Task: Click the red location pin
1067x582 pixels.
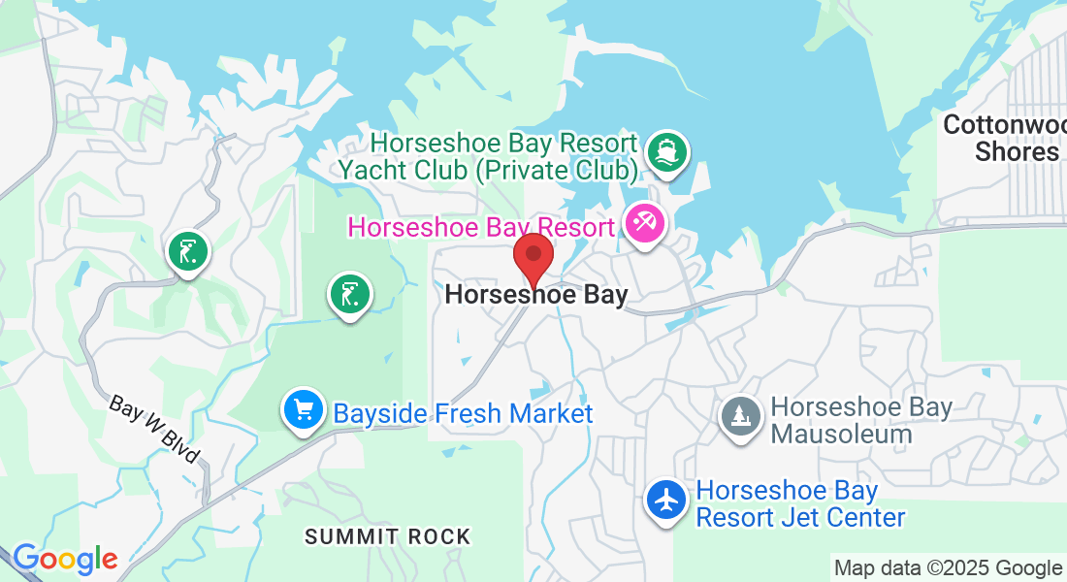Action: pos(533,257)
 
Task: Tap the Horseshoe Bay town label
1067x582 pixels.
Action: pos(536,295)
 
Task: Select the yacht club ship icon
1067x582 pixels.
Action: pos(666,152)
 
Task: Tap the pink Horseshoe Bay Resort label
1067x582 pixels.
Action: pos(481,228)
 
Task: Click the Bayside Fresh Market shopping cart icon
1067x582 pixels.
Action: pos(304,410)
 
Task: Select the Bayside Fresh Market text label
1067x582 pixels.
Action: pos(463,414)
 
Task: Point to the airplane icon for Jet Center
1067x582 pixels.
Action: pos(668,501)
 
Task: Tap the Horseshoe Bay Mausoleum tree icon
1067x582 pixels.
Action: pos(741,418)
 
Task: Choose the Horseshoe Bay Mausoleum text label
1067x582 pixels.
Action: pos(861,420)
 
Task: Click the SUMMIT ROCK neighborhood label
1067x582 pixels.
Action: pos(387,536)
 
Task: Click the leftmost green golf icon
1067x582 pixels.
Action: pos(187,252)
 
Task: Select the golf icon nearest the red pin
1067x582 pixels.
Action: pos(350,293)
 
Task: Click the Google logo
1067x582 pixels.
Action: pos(65,559)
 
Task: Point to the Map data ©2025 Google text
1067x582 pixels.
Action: pos(948,568)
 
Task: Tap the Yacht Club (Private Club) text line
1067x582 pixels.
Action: pos(488,171)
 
